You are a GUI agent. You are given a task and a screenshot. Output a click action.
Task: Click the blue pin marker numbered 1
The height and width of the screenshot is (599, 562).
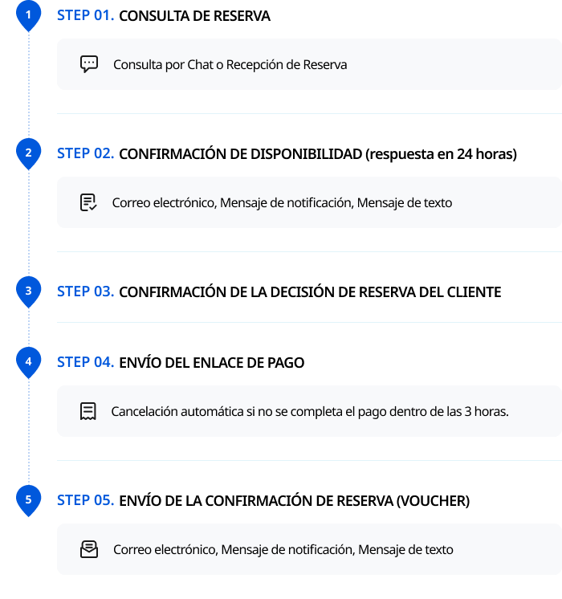coord(28,15)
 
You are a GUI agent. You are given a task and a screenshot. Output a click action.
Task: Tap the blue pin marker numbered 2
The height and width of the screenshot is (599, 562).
coord(28,153)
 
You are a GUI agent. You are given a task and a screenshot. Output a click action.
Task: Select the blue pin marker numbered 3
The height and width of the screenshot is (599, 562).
coord(28,291)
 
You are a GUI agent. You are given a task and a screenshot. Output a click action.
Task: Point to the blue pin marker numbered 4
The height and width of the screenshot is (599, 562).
coord(28,362)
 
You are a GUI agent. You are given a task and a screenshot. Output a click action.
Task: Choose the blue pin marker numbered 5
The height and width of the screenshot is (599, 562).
coord(28,500)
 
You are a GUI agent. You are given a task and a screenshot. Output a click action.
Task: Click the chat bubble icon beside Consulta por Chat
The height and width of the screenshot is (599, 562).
coord(89,64)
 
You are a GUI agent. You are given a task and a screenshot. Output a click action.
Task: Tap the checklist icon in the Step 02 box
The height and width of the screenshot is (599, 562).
coord(88,202)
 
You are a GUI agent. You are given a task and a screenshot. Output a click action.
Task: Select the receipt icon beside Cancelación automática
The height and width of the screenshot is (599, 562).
coord(88,411)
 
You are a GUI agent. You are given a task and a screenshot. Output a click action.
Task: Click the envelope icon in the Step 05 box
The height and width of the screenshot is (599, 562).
coord(89,549)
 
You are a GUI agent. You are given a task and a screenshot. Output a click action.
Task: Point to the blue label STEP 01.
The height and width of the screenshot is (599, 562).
coord(86,16)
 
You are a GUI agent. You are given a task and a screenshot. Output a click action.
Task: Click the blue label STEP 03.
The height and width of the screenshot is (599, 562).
coord(86,291)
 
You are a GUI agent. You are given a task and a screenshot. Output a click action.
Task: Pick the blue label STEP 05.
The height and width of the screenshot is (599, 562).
coord(86,500)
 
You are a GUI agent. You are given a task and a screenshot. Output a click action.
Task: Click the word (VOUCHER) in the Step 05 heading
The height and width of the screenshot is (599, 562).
coord(433,501)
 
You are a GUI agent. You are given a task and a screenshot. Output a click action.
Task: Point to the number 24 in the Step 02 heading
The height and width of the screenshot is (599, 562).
coord(465,154)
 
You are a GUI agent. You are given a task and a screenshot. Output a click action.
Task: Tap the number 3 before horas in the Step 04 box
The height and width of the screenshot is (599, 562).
coord(467,411)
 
